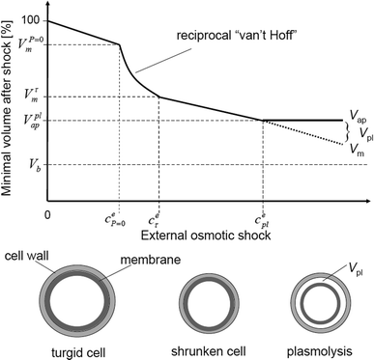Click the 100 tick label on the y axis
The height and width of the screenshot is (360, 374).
pos(31,20)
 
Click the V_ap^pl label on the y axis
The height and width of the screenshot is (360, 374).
pos(30,122)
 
